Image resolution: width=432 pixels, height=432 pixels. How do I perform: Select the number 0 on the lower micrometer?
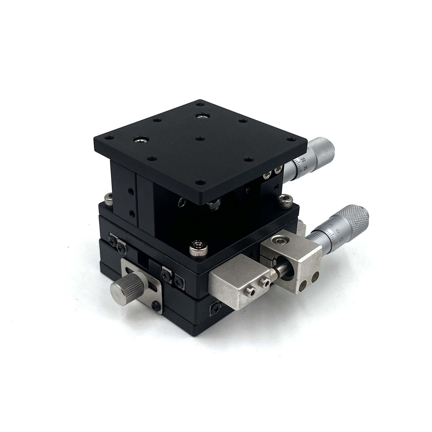(x=337, y=231)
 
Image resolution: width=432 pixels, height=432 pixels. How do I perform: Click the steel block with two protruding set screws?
(x=239, y=285)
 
